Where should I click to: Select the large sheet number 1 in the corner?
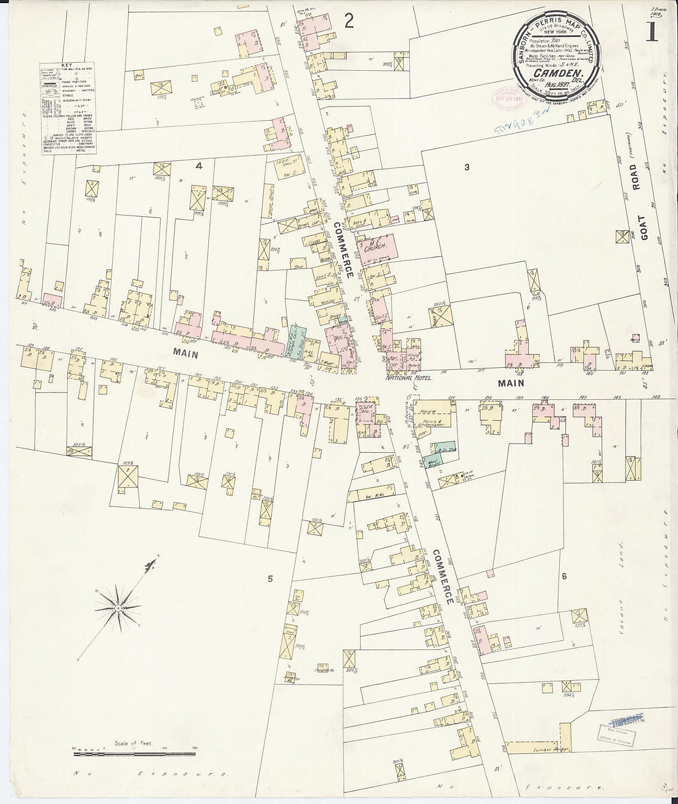[x=651, y=31]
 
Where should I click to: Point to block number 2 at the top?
[x=349, y=22]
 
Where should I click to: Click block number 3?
[x=467, y=167]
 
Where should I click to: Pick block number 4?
[x=198, y=166]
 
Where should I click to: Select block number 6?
[x=563, y=577]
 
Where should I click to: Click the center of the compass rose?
[x=117, y=609]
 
